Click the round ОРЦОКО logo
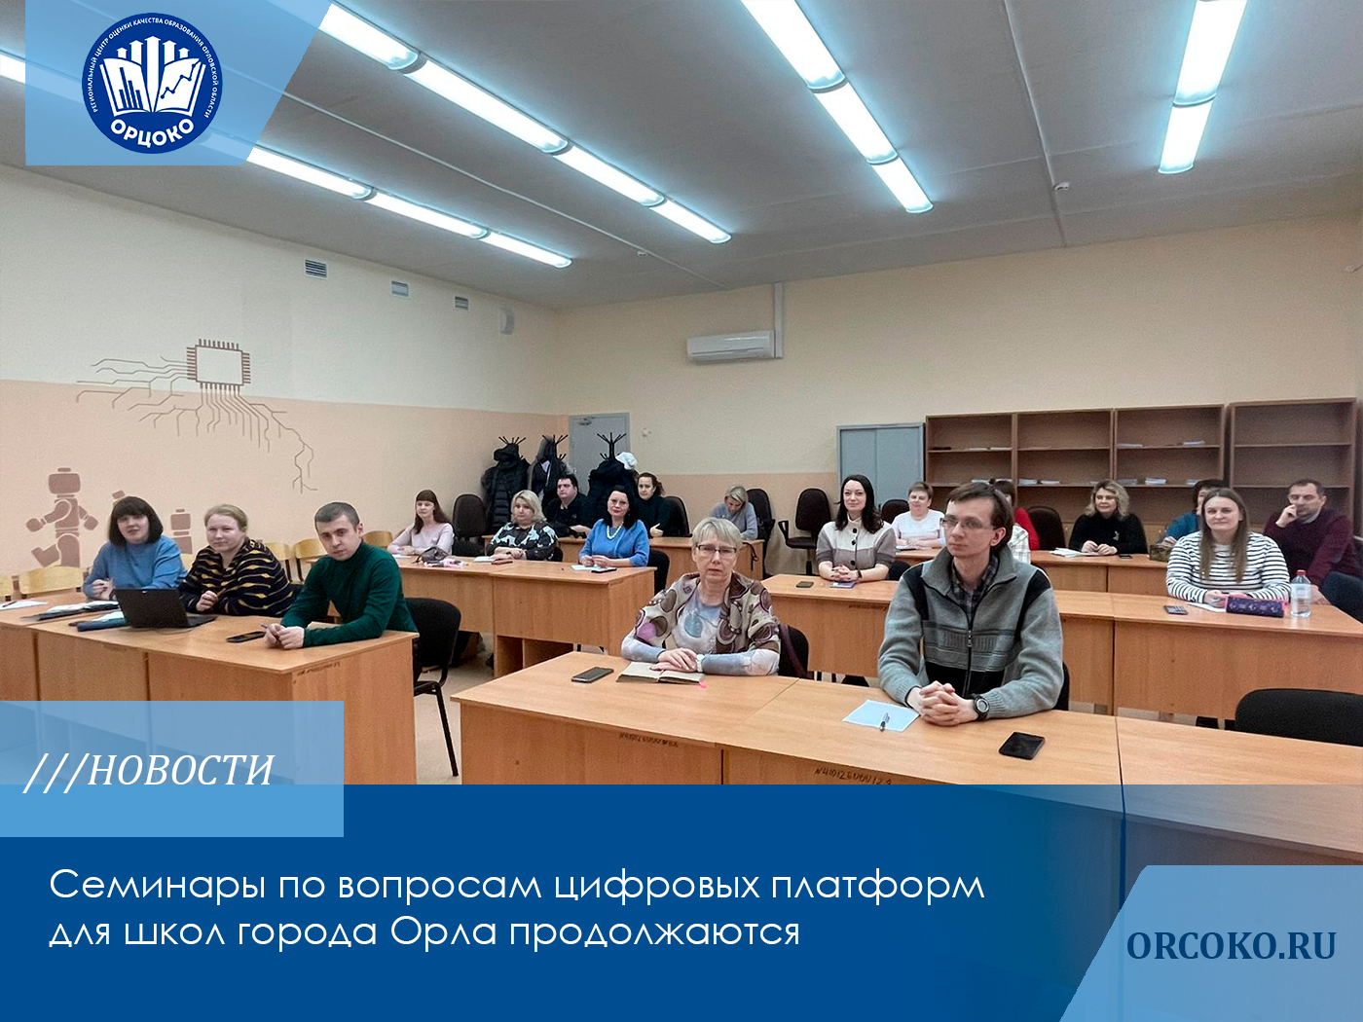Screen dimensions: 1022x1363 pyautogui.click(x=152, y=83)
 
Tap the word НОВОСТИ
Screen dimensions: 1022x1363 pyautogui.click(x=180, y=770)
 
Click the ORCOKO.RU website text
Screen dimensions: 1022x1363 pyautogui.click(x=1231, y=945)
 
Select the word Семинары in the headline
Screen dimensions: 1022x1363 pyautogui.click(x=155, y=886)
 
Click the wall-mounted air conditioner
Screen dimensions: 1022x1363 pyautogui.click(x=730, y=346)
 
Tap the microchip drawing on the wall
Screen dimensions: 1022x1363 pyautogui.click(x=218, y=364)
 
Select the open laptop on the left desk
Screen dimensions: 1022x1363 pyautogui.click(x=156, y=609)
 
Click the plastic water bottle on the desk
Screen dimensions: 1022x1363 pyautogui.click(x=1300, y=593)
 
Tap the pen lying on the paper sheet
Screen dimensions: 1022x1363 pyautogui.click(x=884, y=720)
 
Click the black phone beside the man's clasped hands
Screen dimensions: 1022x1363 pyautogui.click(x=1021, y=745)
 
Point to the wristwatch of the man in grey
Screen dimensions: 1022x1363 pyautogui.click(x=980, y=707)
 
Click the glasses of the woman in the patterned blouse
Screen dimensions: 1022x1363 pyautogui.click(x=716, y=551)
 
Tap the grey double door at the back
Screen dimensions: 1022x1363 pyautogui.click(x=880, y=462)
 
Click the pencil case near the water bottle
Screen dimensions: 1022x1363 pyautogui.click(x=1255, y=606)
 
